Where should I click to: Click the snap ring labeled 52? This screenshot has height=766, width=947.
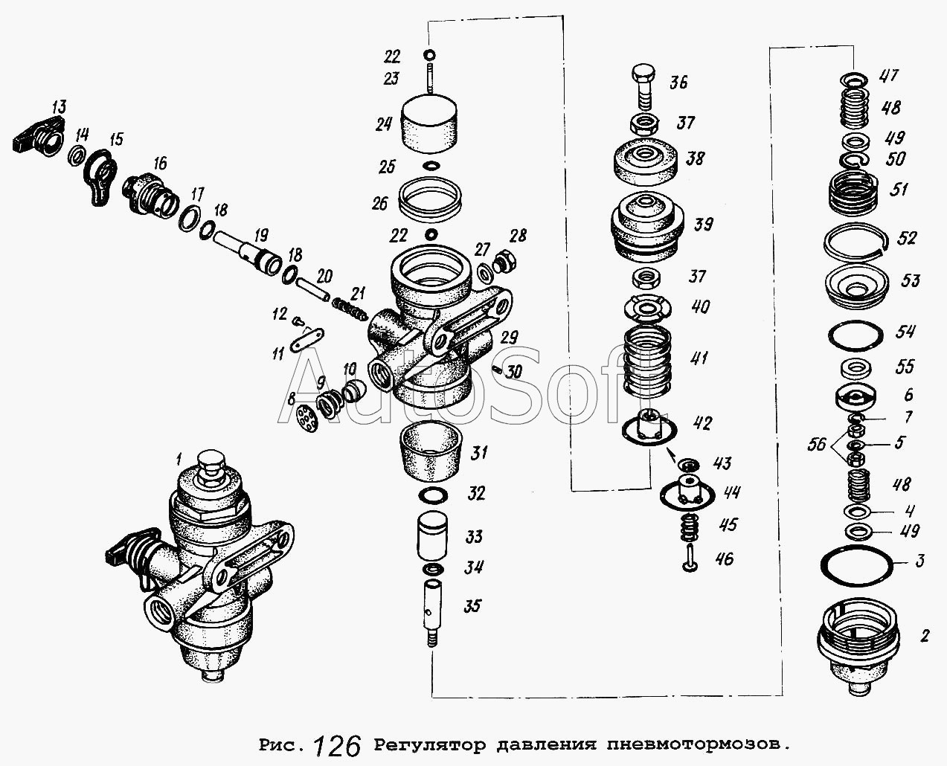(856, 242)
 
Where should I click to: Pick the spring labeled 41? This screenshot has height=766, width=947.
(645, 362)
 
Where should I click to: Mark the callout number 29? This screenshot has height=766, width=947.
(509, 338)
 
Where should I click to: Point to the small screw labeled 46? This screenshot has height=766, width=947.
(689, 556)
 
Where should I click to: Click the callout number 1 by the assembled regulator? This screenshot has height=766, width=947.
(179, 455)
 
